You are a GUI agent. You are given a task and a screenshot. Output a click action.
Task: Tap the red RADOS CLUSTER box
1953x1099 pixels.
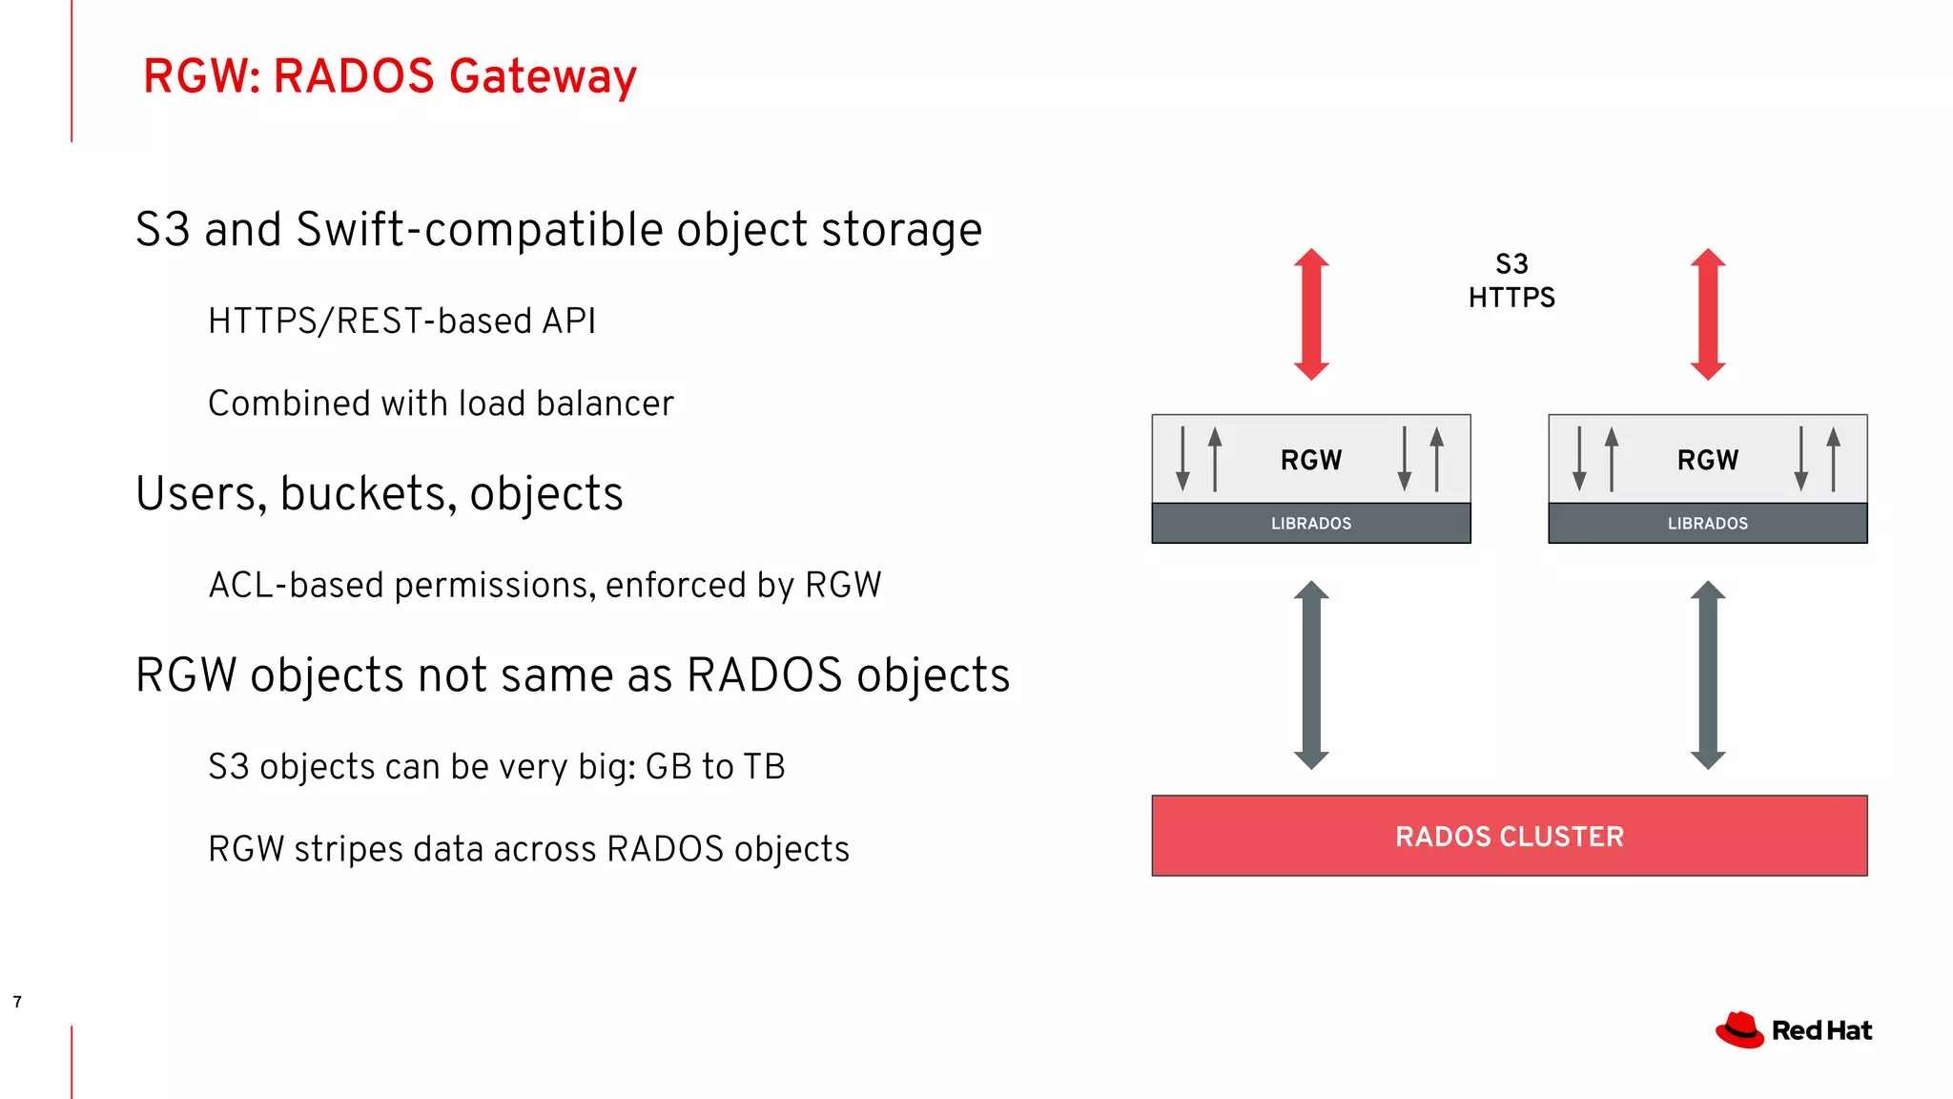point(1509,836)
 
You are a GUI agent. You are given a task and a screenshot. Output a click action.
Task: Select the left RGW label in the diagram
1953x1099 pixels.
point(1310,460)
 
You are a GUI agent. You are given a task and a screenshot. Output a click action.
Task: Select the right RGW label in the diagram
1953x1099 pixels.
point(1707,460)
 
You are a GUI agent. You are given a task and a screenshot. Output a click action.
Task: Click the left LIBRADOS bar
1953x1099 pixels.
point(1310,524)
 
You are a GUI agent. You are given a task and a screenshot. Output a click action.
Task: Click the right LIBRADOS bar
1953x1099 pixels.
point(1707,524)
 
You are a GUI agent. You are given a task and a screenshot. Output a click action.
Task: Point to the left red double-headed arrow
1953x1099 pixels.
point(1311,314)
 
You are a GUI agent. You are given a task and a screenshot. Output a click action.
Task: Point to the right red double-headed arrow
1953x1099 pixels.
point(1708,314)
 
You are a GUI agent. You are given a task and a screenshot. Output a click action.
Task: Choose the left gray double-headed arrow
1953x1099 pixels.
point(1311,674)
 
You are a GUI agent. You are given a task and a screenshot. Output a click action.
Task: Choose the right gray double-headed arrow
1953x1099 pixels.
point(1708,674)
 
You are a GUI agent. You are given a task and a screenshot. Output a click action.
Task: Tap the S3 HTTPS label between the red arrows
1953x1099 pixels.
point(1511,280)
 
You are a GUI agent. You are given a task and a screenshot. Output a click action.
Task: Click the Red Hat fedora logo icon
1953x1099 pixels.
point(1739,1030)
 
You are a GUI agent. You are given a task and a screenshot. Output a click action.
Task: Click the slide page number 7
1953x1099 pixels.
point(17,1002)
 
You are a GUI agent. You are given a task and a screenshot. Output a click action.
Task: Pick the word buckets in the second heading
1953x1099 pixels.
point(368,494)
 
